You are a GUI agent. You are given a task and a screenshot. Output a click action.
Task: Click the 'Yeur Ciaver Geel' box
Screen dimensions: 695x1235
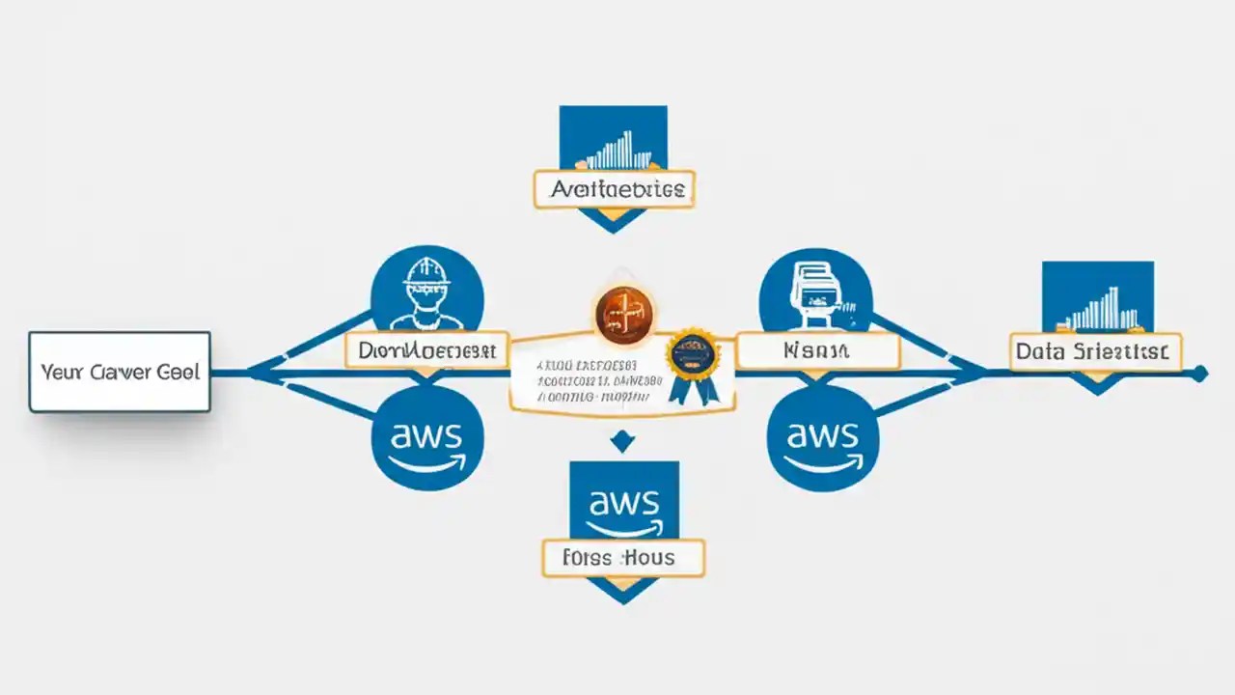pyautogui.click(x=120, y=372)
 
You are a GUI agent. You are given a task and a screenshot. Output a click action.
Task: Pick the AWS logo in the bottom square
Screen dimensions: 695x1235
pyautogui.click(x=623, y=507)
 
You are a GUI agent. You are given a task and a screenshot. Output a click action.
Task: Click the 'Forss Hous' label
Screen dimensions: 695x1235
pyautogui.click(x=622, y=558)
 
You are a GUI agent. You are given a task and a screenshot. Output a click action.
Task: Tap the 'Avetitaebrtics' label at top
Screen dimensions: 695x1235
pyautogui.click(x=615, y=190)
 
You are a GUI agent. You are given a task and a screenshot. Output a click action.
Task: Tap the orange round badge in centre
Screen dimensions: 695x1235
pyautogui.click(x=623, y=316)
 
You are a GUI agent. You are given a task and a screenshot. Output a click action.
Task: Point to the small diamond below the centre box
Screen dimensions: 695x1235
pyautogui.click(x=623, y=443)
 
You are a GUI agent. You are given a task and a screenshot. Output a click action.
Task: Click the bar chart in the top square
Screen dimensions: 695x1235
pyautogui.click(x=615, y=150)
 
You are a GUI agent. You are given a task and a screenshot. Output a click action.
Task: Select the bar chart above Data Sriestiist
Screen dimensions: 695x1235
pyautogui.click(x=1098, y=307)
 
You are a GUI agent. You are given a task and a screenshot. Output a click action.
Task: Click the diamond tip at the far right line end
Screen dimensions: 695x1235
pyautogui.click(x=1199, y=374)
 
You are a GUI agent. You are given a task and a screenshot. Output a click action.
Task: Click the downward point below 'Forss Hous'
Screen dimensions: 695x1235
pyautogui.click(x=623, y=591)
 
